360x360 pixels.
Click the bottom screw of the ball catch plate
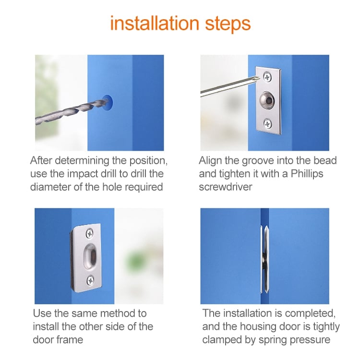267,124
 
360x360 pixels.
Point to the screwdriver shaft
226,86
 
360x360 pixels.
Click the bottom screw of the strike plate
90,279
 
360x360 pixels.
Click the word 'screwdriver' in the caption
226,187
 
